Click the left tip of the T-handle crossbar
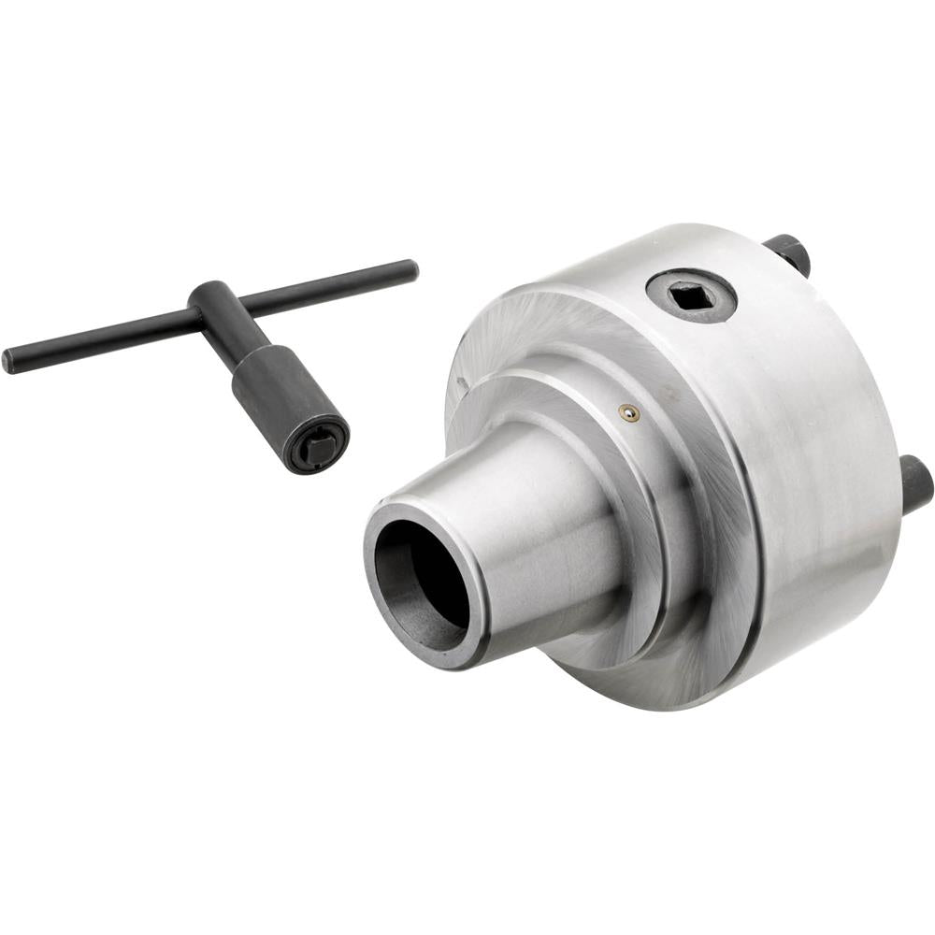(x=8, y=362)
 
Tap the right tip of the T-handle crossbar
(x=411, y=269)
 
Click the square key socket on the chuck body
(x=691, y=298)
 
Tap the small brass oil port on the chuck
(x=630, y=412)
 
